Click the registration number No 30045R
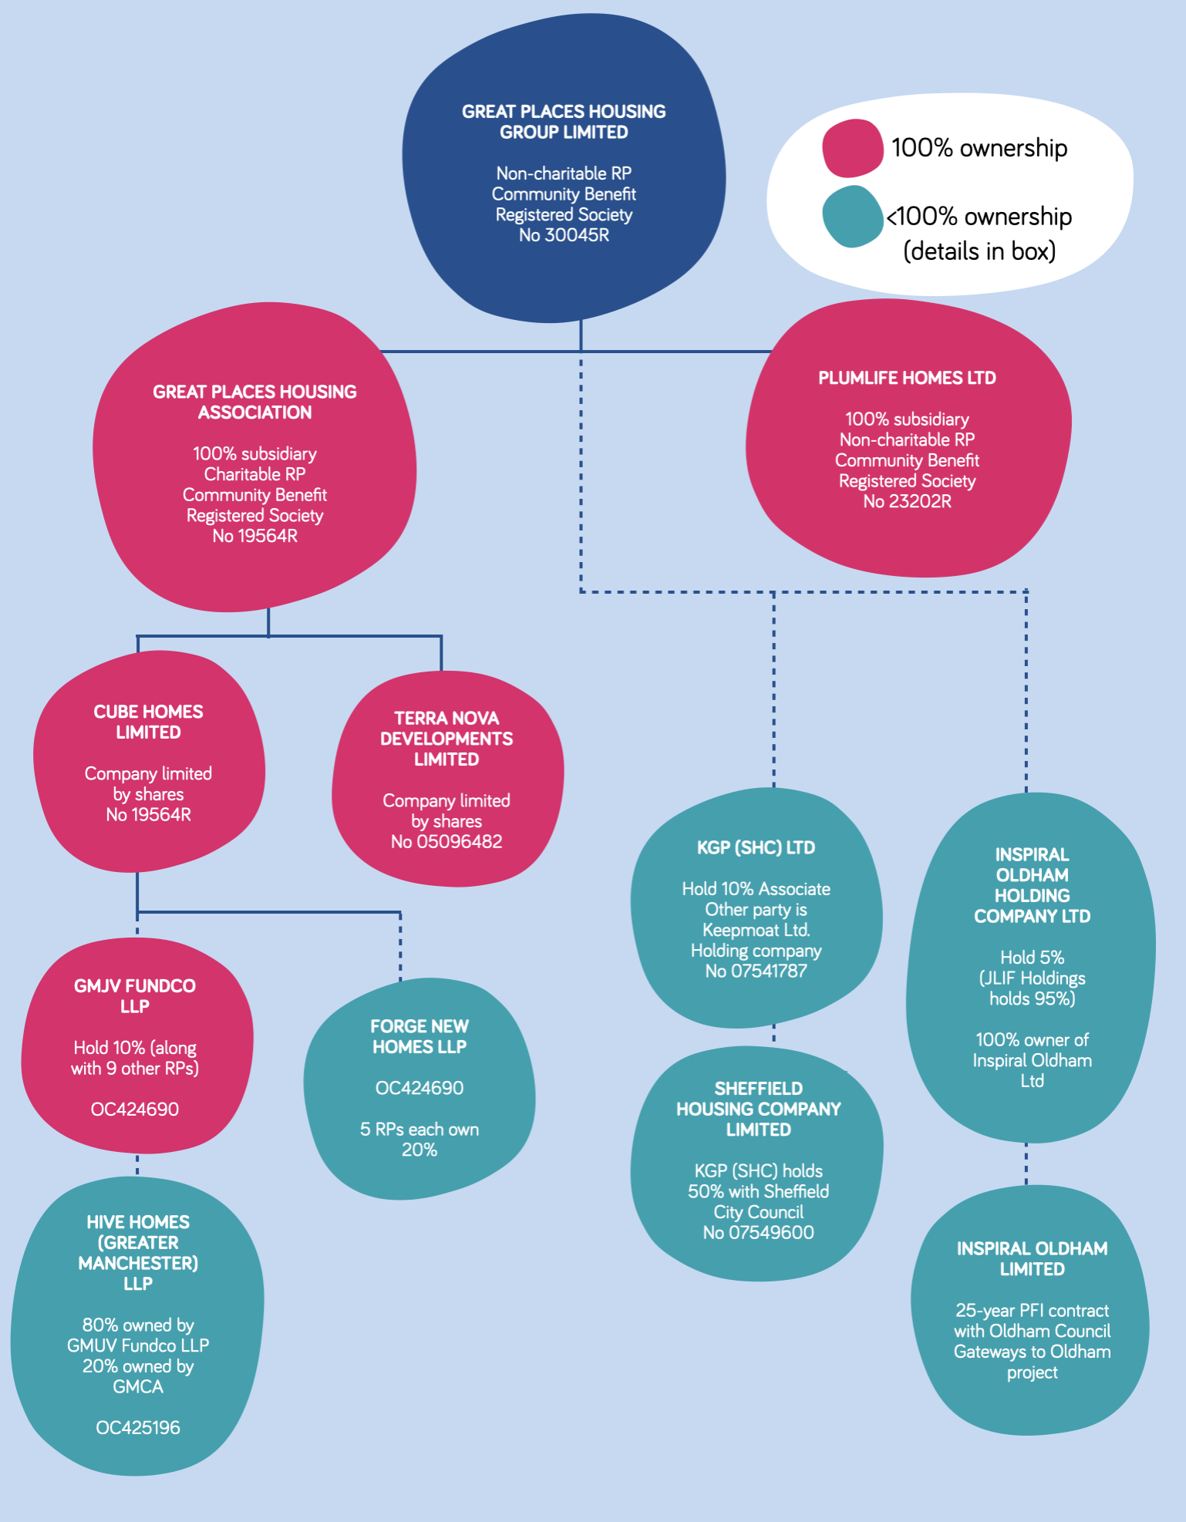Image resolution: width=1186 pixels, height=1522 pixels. click(x=564, y=235)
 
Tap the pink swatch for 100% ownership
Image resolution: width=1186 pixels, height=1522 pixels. click(x=851, y=148)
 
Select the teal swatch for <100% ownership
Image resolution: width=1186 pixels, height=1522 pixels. click(x=851, y=217)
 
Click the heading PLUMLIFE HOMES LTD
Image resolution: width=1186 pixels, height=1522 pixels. click(x=907, y=378)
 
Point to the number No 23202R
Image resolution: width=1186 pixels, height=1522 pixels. click(x=907, y=501)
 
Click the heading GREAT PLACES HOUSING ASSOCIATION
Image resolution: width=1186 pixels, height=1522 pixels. click(x=254, y=402)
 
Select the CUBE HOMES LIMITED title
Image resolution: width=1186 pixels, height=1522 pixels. click(x=148, y=722)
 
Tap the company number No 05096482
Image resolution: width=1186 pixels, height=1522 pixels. click(x=446, y=841)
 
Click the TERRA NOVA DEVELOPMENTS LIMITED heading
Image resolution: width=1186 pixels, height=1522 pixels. click(x=446, y=739)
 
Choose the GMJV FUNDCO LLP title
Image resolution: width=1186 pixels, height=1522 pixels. click(x=135, y=995)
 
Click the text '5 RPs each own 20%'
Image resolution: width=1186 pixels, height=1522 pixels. click(x=419, y=1139)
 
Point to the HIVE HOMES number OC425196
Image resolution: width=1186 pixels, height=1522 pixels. click(x=138, y=1427)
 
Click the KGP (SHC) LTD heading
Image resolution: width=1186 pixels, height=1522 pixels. click(x=756, y=847)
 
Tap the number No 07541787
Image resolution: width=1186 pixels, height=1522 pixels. click(x=756, y=971)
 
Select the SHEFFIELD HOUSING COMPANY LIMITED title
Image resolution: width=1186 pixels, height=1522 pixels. click(x=758, y=1109)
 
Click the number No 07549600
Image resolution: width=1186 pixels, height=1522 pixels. click(x=758, y=1232)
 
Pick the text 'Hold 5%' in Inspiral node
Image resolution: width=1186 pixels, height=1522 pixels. click(x=1032, y=957)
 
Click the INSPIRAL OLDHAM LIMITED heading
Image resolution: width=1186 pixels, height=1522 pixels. click(x=1032, y=1258)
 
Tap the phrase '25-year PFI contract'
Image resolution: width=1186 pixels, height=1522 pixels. click(x=1032, y=1310)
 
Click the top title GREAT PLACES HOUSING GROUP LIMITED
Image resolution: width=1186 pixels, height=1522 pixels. click(x=564, y=122)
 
